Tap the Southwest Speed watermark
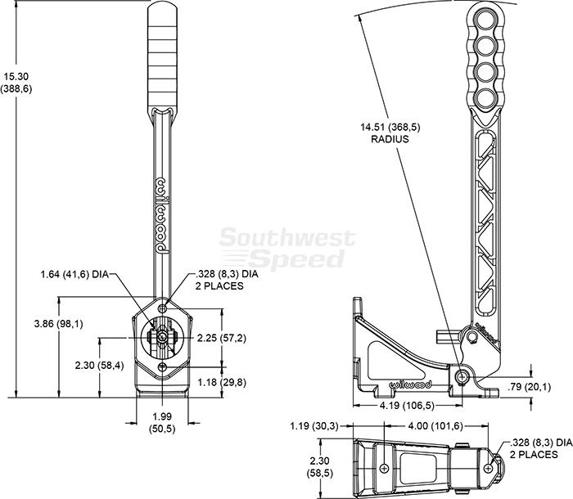tap(286, 249)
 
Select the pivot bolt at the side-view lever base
tap(463, 376)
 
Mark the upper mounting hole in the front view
tap(163, 308)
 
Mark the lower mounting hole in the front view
tap(163, 366)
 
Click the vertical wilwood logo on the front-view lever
tap(162, 215)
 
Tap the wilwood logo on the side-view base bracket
tap(410, 384)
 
